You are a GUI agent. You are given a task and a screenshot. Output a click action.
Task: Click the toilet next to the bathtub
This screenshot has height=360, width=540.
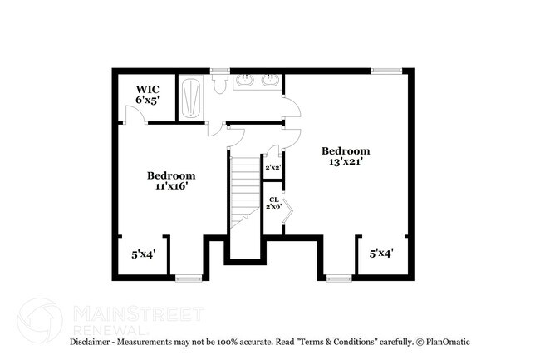pos(220,84)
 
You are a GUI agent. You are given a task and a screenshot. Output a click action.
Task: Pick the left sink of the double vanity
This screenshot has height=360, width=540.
pos(247,81)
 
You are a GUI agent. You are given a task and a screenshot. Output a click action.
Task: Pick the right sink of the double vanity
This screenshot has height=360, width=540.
pos(269,81)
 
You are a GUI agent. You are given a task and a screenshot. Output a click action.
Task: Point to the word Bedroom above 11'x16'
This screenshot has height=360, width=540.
pos(171,175)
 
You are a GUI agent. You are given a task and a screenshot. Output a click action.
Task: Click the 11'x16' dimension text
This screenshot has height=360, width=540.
pos(171,186)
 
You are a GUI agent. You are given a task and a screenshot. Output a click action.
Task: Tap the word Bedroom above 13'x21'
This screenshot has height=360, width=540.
pos(346,150)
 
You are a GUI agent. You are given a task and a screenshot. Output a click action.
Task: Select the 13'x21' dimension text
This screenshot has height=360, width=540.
pos(346,161)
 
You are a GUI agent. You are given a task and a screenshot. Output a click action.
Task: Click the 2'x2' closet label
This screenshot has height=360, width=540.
pos(272,168)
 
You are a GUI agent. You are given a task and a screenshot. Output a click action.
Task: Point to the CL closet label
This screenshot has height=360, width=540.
pos(273,200)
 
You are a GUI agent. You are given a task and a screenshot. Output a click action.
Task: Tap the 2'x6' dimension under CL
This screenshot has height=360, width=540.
pos(273,207)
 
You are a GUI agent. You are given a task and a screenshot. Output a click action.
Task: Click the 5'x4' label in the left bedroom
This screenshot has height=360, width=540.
pos(144,254)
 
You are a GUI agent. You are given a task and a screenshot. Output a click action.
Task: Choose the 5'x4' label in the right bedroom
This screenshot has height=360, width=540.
pos(381,252)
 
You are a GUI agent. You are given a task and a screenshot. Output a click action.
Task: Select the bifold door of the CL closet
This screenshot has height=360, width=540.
pos(287,212)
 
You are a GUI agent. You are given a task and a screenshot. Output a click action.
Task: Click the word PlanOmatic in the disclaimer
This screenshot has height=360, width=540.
pos(449,342)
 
